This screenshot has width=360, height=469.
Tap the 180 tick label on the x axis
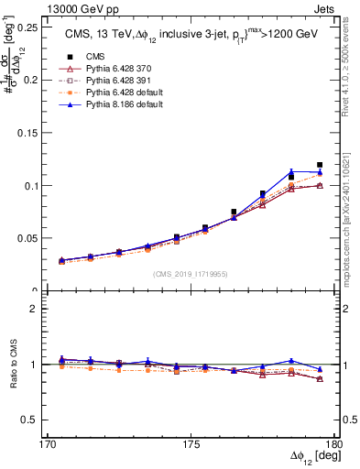point(335,444)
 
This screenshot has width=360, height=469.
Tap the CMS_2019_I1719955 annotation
point(191,273)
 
